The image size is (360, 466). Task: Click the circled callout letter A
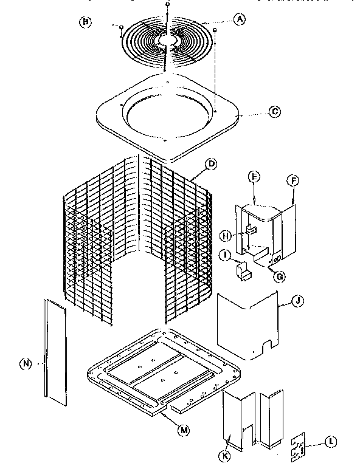point(240,19)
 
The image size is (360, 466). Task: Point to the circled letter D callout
point(212,163)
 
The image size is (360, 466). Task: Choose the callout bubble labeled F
point(292,180)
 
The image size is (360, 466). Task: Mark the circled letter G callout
point(280,278)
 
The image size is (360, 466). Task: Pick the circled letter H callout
point(226,236)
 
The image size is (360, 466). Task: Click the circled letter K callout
point(227,456)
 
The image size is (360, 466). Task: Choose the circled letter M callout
point(183,431)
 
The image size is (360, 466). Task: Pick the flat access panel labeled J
point(246,322)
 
